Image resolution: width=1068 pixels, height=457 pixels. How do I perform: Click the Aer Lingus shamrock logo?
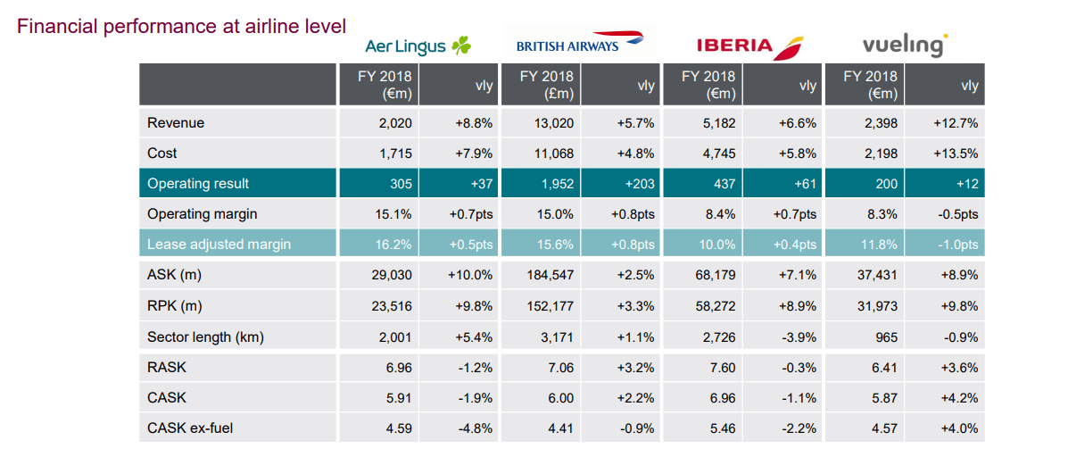pos(460,46)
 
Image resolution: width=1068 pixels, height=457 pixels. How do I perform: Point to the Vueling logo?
pos(905,44)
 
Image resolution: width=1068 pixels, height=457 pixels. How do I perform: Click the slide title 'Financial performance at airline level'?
pos(182,26)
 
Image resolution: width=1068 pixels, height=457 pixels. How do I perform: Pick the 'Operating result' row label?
pos(198,184)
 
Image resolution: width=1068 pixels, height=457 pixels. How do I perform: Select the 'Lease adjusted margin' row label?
pos(219,245)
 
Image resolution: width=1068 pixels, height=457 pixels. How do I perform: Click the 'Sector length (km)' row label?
pos(205,337)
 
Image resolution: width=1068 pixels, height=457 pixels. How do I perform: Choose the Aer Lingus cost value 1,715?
pos(395,154)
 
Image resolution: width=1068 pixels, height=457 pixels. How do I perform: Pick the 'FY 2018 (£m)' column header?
pos(547,86)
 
